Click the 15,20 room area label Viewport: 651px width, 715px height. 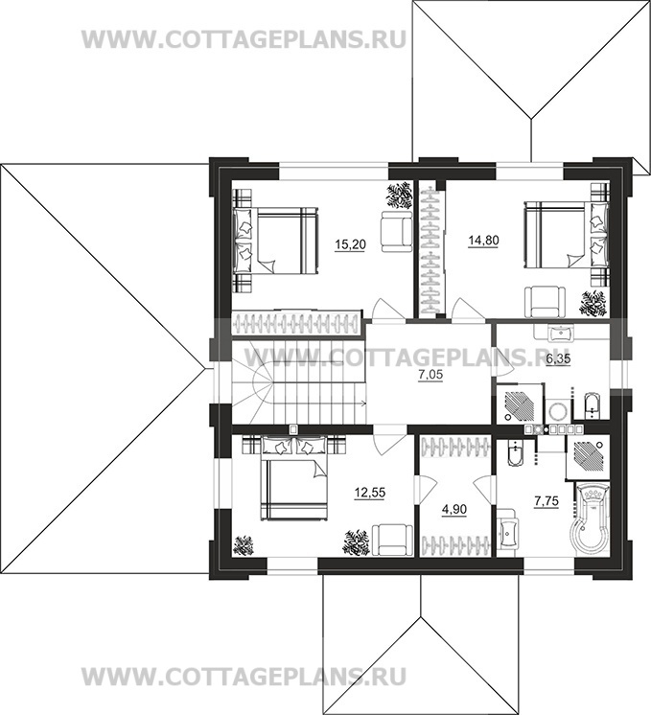pos(350,244)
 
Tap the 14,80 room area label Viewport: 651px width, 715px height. pos(483,241)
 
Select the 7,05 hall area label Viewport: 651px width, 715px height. pos(430,376)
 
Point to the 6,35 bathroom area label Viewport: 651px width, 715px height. pos(558,358)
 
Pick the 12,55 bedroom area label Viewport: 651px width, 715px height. pos(370,493)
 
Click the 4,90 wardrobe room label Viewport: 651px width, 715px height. pos(454,509)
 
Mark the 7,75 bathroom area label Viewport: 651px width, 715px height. pos(546,501)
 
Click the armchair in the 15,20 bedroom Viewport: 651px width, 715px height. pos(397,232)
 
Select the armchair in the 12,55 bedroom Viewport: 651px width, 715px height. pos(392,540)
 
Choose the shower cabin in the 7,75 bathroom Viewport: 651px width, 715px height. pos(587,456)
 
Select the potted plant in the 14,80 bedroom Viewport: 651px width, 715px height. pos(593,304)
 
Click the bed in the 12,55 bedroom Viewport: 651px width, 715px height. pos(293,478)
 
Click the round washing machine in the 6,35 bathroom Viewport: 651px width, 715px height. pos(557,410)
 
